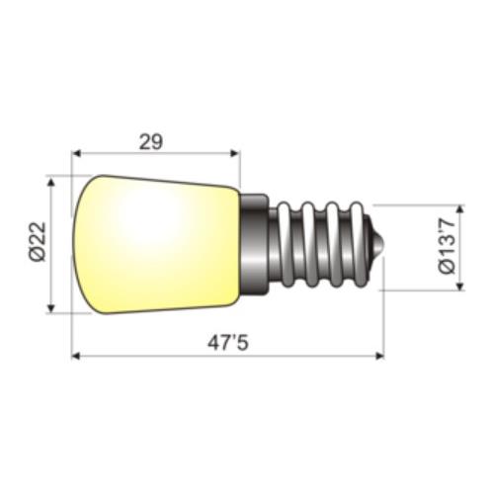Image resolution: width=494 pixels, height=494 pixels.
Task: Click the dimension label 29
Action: (x=150, y=141)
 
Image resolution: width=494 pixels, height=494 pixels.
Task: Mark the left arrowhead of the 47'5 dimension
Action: (x=77, y=356)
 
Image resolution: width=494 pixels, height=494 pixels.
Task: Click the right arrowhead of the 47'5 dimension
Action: (x=378, y=356)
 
